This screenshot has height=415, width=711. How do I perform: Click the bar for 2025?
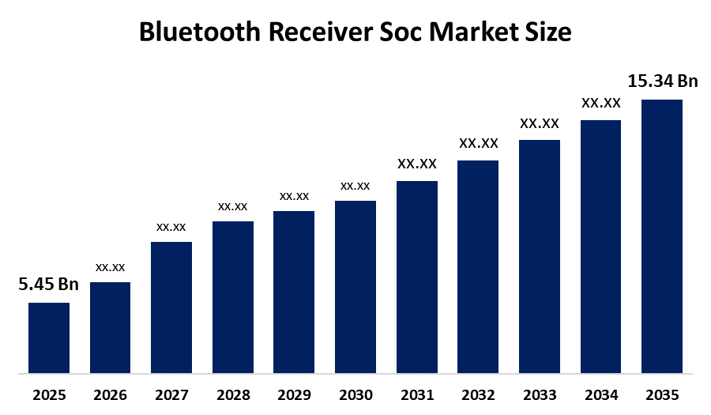(49, 338)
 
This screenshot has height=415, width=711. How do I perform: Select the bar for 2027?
(171, 307)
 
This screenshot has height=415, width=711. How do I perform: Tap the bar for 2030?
(355, 286)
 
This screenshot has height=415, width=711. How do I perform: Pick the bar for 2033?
(540, 256)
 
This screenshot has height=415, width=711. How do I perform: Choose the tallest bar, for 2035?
(662, 236)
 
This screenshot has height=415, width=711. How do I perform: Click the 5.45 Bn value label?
(49, 285)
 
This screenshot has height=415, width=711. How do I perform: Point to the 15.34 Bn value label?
(663, 81)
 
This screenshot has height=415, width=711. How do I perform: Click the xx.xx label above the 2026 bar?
(111, 267)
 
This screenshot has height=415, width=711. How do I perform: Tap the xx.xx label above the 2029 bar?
(294, 196)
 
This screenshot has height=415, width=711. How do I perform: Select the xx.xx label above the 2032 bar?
(479, 143)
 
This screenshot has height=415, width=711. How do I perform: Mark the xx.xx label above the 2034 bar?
(601, 103)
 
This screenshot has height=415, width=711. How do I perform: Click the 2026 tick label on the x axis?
(111, 394)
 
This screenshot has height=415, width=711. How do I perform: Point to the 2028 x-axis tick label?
(233, 394)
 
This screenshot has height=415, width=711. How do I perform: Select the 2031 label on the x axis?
(417, 394)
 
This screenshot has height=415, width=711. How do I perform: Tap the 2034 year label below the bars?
(601, 394)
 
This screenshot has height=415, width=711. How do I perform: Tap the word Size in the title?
(547, 32)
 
